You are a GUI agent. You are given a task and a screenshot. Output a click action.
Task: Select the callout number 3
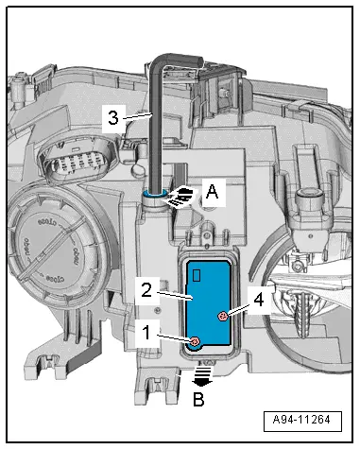pos(112,118)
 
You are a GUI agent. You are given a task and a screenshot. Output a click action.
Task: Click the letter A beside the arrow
pos(213,190)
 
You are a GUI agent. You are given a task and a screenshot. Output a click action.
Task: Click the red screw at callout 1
pos(193,341)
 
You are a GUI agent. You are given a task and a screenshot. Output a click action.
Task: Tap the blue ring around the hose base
pos(155,196)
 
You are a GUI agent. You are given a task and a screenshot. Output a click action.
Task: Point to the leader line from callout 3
pos(134,114)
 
